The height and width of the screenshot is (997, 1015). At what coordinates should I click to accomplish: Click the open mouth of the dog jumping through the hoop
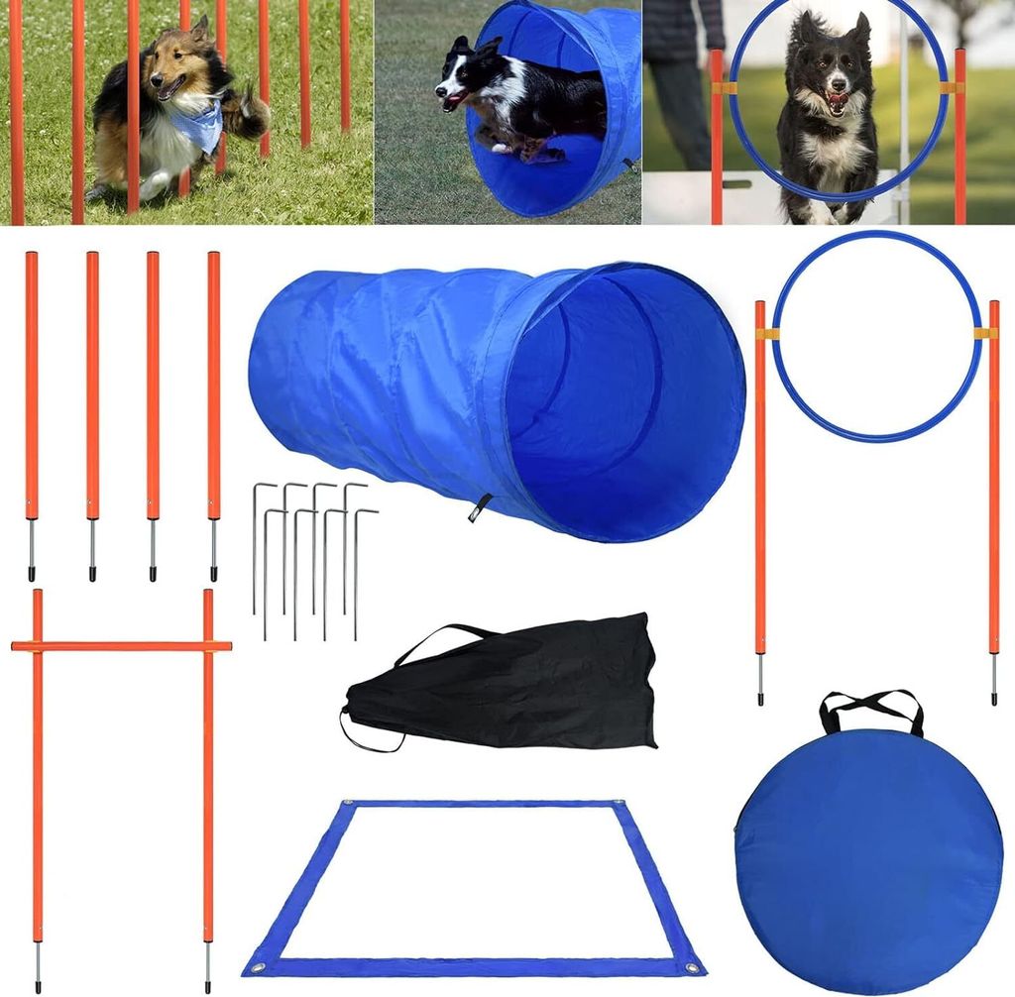tap(838, 101)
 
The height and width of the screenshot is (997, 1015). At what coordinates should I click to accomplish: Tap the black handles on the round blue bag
tap(871, 706)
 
